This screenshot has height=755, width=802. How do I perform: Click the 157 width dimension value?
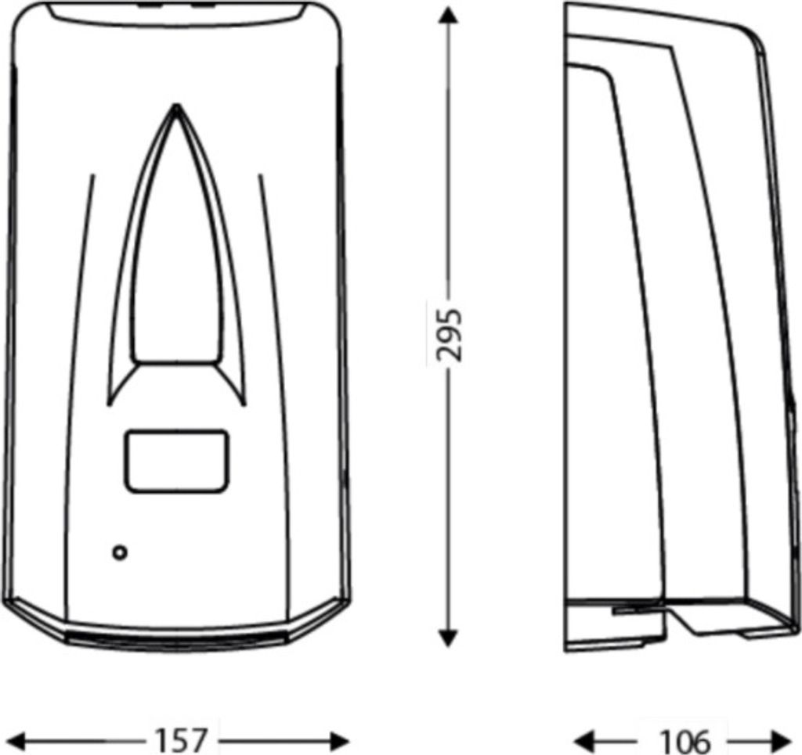click(x=182, y=739)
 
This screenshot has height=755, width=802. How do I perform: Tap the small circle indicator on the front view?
click(x=120, y=552)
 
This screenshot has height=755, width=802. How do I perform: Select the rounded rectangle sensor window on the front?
click(x=176, y=462)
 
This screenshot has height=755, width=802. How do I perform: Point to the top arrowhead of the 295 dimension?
click(x=449, y=16)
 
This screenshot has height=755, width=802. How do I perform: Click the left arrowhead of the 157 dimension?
click(x=21, y=739)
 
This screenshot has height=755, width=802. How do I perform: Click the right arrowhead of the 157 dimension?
click(x=338, y=739)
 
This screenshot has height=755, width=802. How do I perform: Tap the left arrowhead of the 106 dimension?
click(x=583, y=739)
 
